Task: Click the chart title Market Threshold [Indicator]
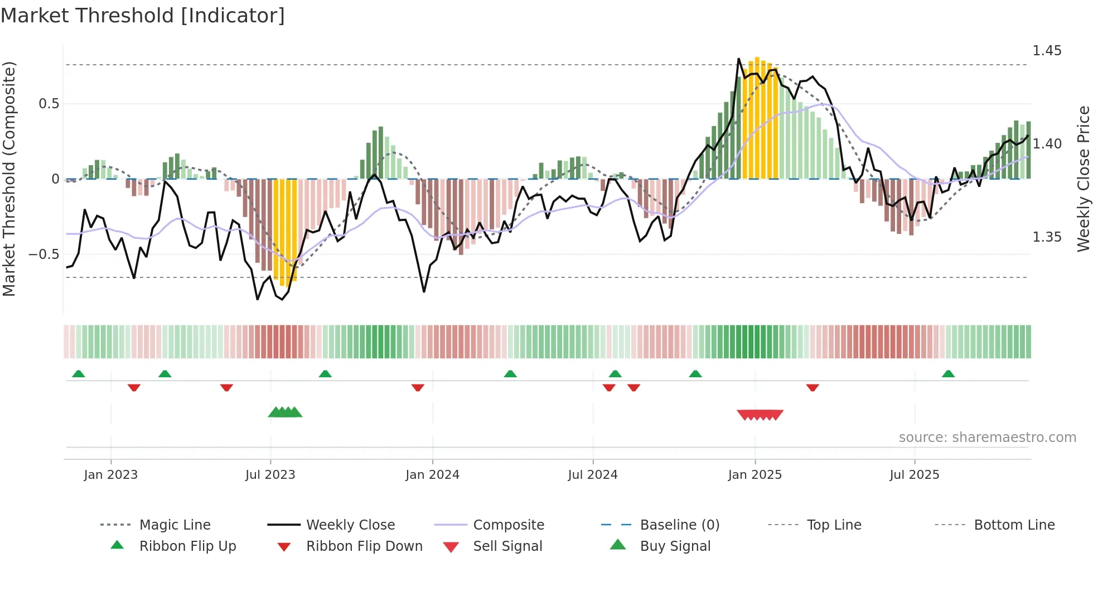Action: coord(143,16)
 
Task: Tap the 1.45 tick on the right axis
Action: coord(1047,51)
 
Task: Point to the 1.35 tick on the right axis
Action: coord(1047,237)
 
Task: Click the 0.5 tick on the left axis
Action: coord(49,104)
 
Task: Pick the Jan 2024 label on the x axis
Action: coord(432,475)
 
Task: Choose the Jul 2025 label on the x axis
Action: coord(914,475)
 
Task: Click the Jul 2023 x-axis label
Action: coord(270,475)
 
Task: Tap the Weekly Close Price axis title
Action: coord(1083,179)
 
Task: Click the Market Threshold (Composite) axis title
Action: coord(9,179)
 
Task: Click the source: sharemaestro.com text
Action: coord(987,438)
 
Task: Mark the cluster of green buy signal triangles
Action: coord(285,412)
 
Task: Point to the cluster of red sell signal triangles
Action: coord(760,415)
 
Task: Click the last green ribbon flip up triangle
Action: coord(948,374)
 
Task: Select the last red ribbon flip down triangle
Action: coord(813,387)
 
